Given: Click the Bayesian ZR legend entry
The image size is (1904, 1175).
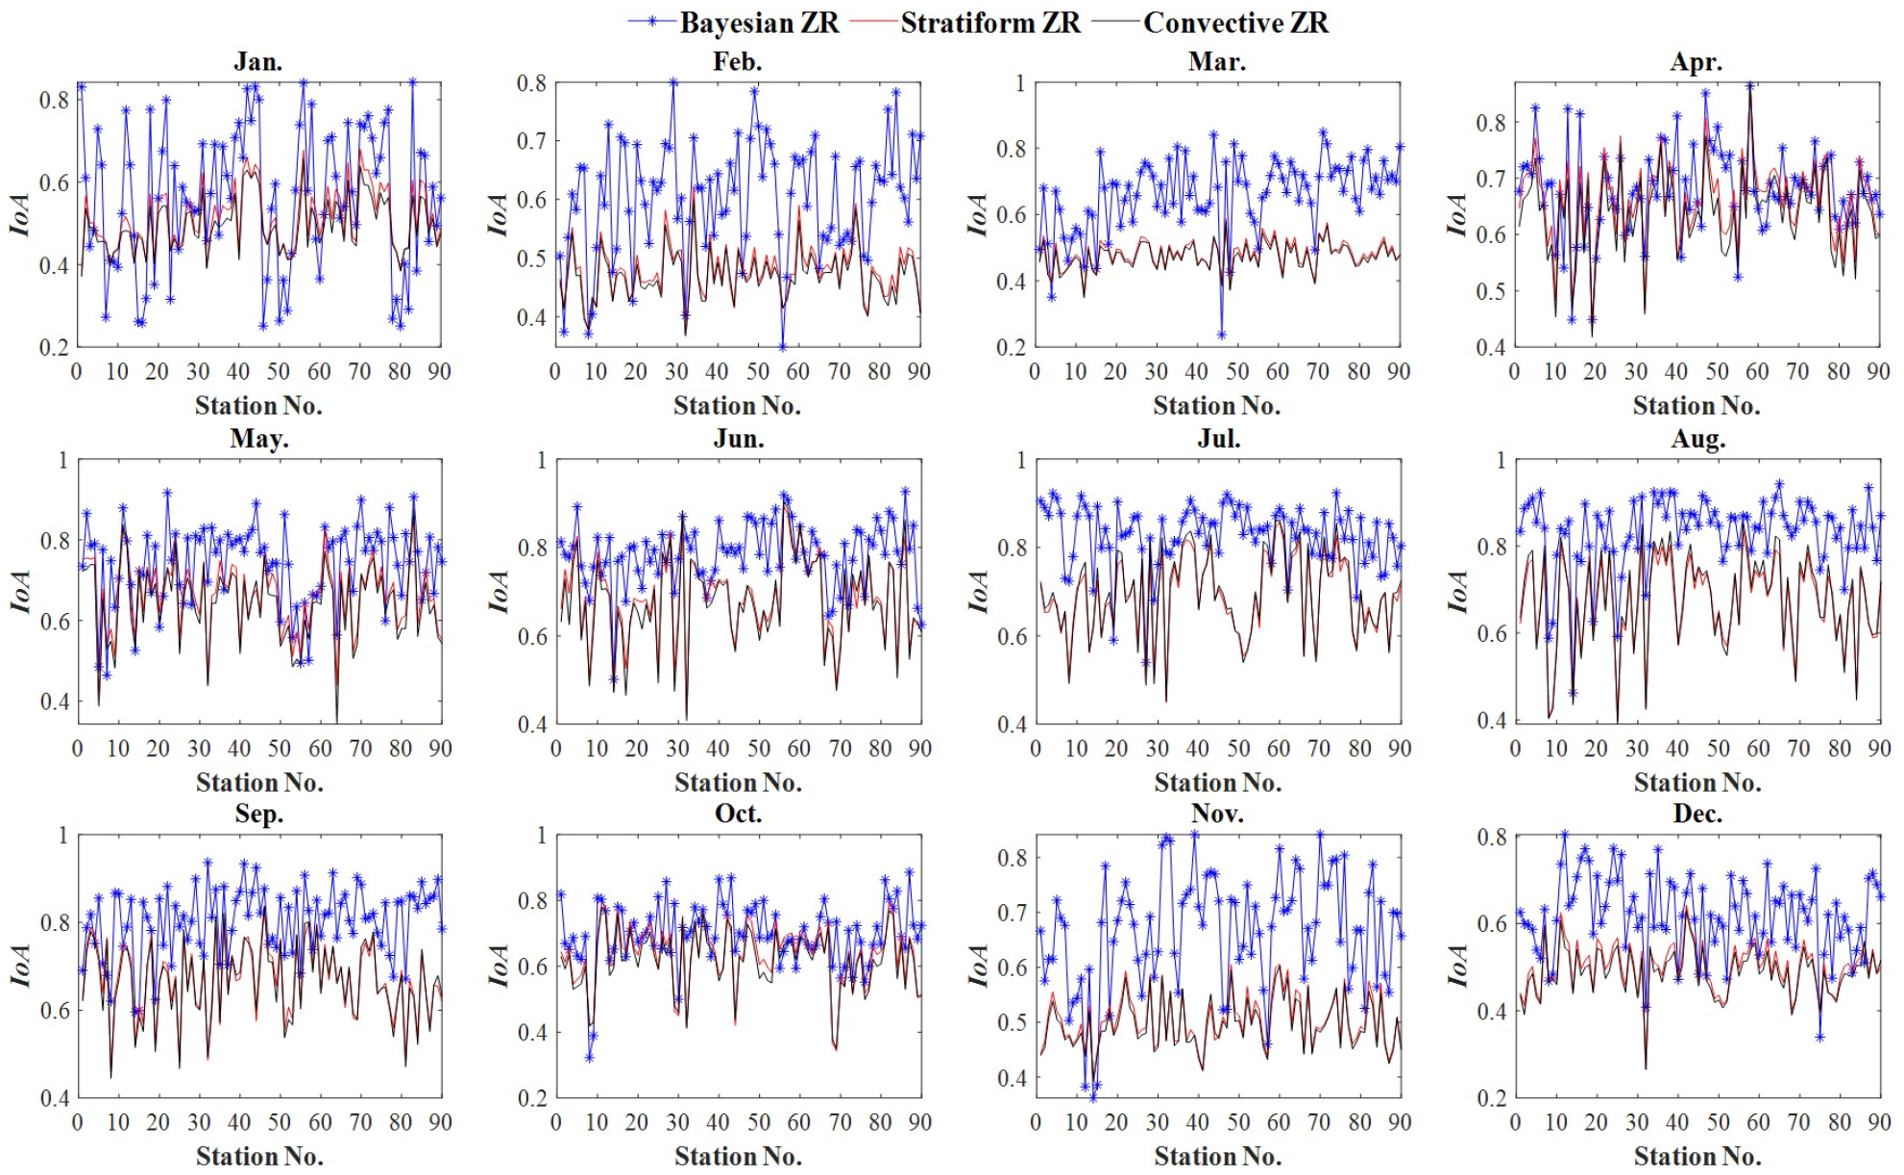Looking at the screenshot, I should pyautogui.click(x=759, y=23).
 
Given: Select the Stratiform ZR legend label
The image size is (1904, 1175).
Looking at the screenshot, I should pyautogui.click(x=990, y=23).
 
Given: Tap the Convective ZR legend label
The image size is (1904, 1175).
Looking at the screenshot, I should pyautogui.click(x=1235, y=23).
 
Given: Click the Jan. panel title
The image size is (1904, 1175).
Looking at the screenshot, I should pyautogui.click(x=257, y=61).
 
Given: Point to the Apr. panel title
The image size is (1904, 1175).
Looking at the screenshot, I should pyautogui.click(x=1696, y=61).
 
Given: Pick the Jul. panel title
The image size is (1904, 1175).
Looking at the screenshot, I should pyautogui.click(x=1218, y=439).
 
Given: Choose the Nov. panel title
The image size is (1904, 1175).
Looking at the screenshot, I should pyautogui.click(x=1217, y=814).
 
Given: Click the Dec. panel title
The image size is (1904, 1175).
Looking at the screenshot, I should pyautogui.click(x=1697, y=814).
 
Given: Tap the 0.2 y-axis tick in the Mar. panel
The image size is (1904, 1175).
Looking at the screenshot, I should pyautogui.click(x=1013, y=347).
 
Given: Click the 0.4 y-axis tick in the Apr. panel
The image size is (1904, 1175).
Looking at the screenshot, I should pyautogui.click(x=1491, y=347).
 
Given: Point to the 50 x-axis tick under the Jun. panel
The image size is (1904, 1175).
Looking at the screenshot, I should pyautogui.click(x=759, y=748).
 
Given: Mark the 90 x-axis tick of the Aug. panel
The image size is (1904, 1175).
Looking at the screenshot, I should pyautogui.click(x=1879, y=748).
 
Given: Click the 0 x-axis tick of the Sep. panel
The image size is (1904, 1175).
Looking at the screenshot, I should pyautogui.click(x=78, y=1122).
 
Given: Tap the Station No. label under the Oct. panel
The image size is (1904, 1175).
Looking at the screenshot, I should pyautogui.click(x=738, y=1156).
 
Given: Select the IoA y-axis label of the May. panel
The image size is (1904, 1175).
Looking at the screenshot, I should pyautogui.click(x=20, y=591).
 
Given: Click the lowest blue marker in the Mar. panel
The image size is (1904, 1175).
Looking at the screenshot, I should pyautogui.click(x=1222, y=335).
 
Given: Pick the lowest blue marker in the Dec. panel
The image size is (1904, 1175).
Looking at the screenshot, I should pyautogui.click(x=1819, y=1037).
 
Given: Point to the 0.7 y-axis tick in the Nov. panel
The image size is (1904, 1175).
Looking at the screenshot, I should pyautogui.click(x=1013, y=912).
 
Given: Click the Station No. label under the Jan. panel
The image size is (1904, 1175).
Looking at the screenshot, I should pyautogui.click(x=258, y=405).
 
